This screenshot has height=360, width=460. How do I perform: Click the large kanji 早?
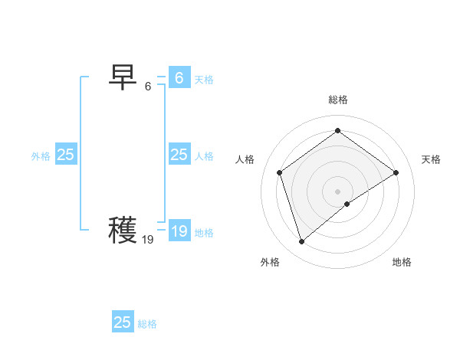coord(123,77)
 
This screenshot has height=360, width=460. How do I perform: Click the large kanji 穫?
coord(123,230)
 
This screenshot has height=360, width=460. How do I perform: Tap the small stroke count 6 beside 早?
coord(148,87)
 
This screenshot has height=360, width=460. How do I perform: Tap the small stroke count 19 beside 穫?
coord(148,240)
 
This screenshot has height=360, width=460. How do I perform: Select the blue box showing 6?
coord(179,78)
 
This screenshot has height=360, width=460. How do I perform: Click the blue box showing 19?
coord(179,231)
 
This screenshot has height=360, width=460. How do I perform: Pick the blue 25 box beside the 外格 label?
coord(65,155)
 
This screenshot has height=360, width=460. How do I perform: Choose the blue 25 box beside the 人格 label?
coord(179,155)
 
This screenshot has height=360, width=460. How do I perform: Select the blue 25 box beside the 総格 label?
coord(123,322)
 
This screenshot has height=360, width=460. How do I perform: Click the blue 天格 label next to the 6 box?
coord(204,80)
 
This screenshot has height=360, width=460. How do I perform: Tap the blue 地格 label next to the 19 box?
coord(204,233)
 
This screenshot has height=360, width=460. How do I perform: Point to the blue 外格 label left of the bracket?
coord(41,156)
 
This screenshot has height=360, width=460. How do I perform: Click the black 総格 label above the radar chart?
coord(338,100)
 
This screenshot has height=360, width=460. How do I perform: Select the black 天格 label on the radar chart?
coord(431,159)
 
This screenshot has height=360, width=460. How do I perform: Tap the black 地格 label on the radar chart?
coord(402,262)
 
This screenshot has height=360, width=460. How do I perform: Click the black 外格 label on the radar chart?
coord(270,262)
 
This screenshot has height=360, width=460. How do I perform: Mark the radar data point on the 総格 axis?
coord(337,131)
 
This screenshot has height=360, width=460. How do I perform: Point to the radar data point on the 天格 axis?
coord(396,172)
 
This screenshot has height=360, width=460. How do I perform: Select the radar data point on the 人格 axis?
coord(280,172)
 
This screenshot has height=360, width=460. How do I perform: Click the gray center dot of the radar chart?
coord(337,191)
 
